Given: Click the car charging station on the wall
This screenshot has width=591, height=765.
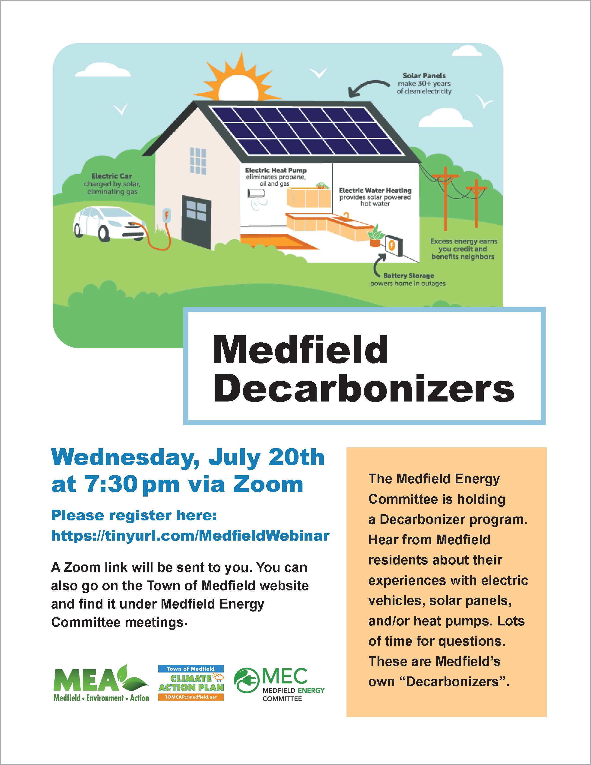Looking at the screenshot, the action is click(166, 216).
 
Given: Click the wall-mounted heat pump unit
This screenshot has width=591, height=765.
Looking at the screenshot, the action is click(257, 193).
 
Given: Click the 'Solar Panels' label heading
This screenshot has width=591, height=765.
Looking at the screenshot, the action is click(424, 76).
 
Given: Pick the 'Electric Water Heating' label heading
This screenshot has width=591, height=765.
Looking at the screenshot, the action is click(375, 191).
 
